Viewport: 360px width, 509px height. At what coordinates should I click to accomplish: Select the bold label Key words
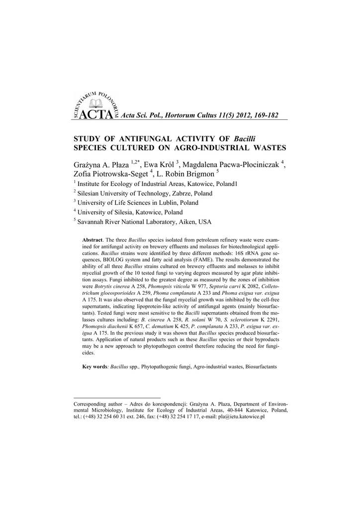[95, 366]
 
